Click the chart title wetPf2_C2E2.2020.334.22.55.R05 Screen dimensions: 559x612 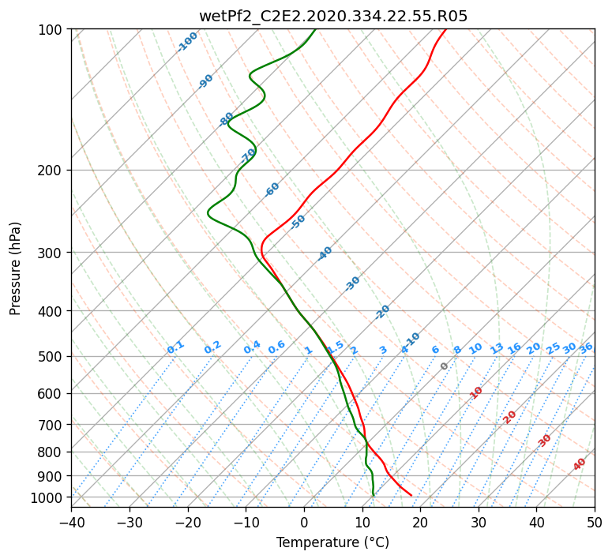(332, 16)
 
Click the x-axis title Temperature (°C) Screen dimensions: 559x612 (332, 543)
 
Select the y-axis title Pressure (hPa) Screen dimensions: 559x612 (16, 268)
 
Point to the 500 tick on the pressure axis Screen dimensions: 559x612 (52, 356)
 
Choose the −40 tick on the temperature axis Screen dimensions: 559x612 (71, 523)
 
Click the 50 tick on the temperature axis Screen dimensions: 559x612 (595, 523)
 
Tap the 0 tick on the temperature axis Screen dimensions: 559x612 (304, 523)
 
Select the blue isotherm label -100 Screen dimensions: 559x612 (187, 42)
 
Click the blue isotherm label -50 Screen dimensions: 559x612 (298, 222)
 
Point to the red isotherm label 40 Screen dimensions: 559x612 (580, 464)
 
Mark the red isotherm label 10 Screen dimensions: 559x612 (476, 392)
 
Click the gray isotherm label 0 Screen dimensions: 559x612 (444, 366)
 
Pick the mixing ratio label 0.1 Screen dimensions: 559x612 (175, 347)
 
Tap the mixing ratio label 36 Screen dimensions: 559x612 (586, 347)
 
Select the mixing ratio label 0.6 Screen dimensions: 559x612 (276, 347)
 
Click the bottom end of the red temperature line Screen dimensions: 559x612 (411, 495)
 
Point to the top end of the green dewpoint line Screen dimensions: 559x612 (315, 29)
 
